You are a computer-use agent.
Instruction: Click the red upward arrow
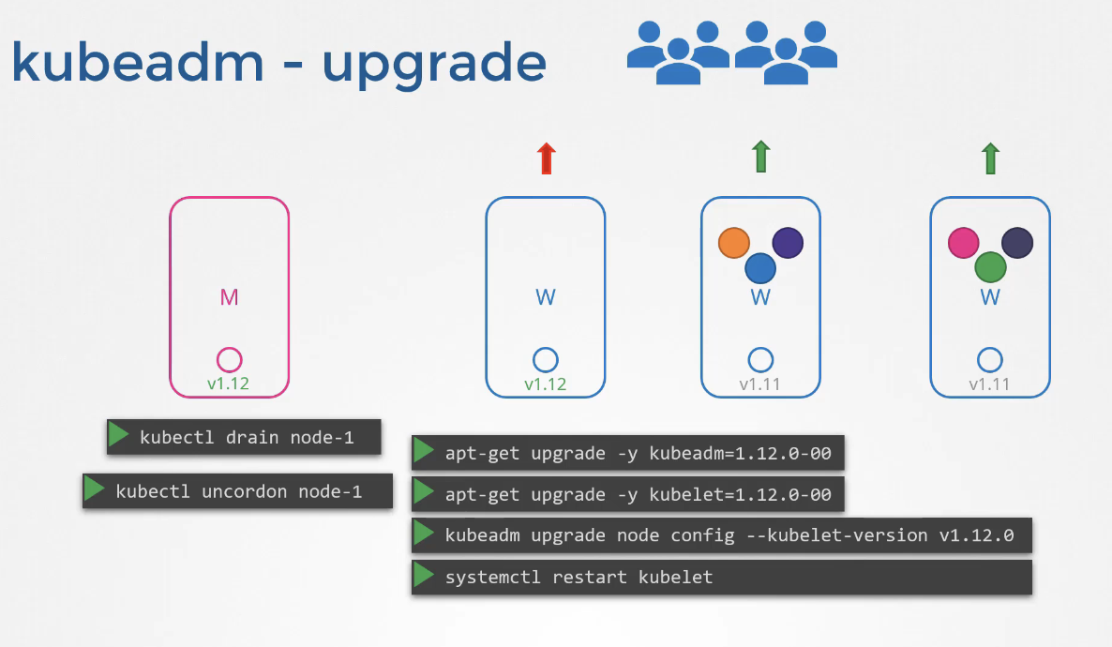pyautogui.click(x=546, y=158)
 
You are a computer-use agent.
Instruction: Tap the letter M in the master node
pyautogui.click(x=229, y=297)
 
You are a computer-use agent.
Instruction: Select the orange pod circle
pyautogui.click(x=734, y=243)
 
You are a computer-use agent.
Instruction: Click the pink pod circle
pyautogui.click(x=964, y=243)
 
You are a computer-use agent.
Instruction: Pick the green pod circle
pyautogui.click(x=990, y=267)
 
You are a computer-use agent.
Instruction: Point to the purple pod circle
pyautogui.click(x=788, y=243)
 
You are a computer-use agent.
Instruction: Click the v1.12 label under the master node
pyautogui.click(x=229, y=384)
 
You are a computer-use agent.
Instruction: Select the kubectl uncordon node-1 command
pyautogui.click(x=238, y=491)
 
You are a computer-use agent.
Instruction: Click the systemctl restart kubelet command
pyautogui.click(x=579, y=577)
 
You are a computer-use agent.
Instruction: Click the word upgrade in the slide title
pyautogui.click(x=434, y=64)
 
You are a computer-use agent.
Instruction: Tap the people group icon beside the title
pyautogui.click(x=731, y=53)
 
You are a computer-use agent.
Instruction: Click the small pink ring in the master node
pyautogui.click(x=229, y=359)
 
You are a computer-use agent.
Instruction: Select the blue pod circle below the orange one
pyautogui.click(x=760, y=268)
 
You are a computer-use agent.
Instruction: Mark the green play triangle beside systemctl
pyautogui.click(x=425, y=576)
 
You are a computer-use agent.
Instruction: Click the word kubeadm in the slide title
pyautogui.click(x=137, y=62)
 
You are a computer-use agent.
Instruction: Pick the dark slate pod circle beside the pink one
pyautogui.click(x=1017, y=243)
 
